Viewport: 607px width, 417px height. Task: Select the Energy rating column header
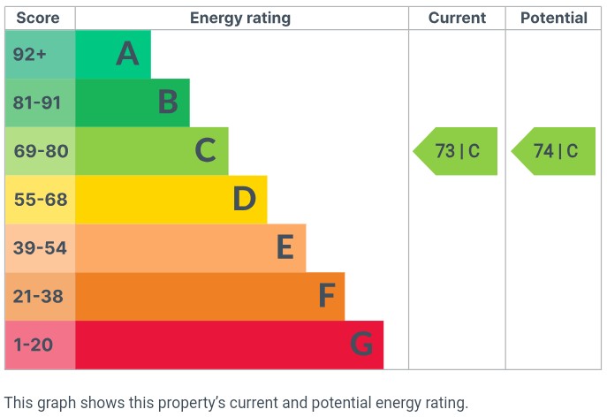point(240,18)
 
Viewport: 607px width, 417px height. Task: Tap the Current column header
point(457,18)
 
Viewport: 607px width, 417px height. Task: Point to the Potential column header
point(553,18)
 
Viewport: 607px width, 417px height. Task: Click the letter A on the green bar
point(128,55)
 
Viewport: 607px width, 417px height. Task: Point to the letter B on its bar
point(168,102)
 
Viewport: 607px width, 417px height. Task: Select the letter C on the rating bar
point(206,151)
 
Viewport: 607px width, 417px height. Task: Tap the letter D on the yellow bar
point(245,200)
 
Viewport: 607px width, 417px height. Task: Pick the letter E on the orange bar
point(285,248)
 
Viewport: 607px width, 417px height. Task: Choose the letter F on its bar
point(326,297)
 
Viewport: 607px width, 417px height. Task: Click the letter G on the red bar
point(361,345)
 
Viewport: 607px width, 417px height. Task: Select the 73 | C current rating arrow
point(456,151)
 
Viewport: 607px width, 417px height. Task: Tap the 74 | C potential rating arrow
point(554,151)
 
